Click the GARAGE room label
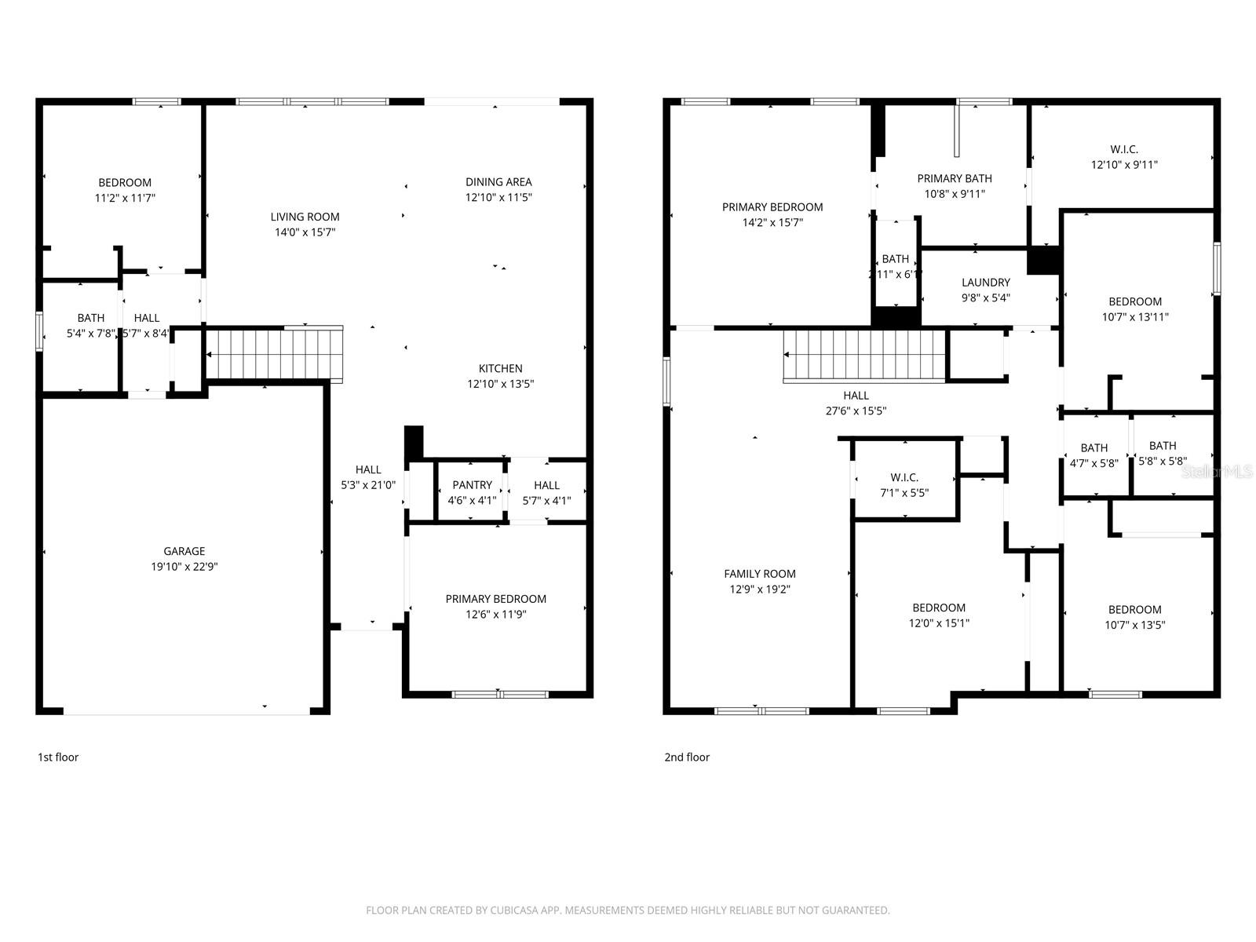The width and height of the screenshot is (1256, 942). click(184, 551)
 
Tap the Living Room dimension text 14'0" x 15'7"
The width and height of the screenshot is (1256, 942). click(305, 232)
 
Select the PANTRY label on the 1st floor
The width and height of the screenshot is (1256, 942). click(472, 485)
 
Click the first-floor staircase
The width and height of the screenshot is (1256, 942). click(274, 354)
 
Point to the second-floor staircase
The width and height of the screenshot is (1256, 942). click(864, 356)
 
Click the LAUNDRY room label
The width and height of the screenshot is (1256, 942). click(986, 283)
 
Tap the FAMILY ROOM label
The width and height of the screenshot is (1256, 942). click(760, 574)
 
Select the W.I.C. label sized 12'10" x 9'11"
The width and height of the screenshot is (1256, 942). click(1124, 149)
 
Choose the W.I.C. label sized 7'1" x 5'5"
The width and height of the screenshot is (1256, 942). click(904, 477)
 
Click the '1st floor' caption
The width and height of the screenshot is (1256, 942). click(58, 757)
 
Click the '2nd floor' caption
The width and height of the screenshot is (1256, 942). click(687, 757)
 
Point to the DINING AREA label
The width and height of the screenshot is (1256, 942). click(498, 182)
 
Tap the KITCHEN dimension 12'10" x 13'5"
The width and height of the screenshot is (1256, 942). click(501, 384)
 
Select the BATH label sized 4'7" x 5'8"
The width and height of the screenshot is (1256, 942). click(1094, 448)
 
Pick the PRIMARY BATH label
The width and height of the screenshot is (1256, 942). click(955, 178)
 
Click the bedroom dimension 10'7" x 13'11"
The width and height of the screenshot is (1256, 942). click(1135, 317)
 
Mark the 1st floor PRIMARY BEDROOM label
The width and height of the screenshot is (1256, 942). click(495, 599)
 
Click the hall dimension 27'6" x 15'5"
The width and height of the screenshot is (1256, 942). click(856, 411)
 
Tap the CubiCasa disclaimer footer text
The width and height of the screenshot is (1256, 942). click(628, 911)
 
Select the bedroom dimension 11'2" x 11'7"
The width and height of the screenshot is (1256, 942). click(125, 199)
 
